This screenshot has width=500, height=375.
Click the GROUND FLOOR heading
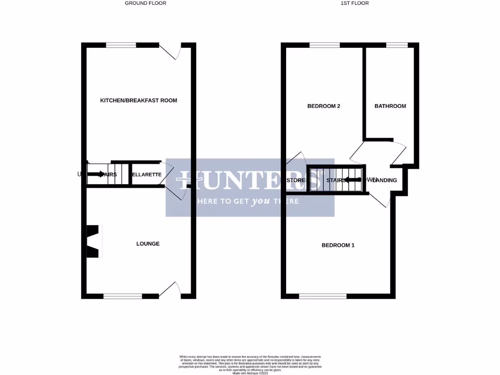coord(146,3)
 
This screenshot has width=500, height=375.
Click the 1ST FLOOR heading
coord(354,3)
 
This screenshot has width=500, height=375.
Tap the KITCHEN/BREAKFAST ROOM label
coord(138,101)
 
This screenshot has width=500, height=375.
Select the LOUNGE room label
coord(148,244)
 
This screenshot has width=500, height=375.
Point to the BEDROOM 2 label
coord(323,106)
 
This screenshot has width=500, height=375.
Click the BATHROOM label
coord(390,106)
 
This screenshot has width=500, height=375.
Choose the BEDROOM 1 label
coord(338,245)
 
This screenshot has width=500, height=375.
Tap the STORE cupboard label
coord(295,181)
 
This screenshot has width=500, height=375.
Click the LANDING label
coord(385,181)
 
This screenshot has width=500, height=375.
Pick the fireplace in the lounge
coord(93,241)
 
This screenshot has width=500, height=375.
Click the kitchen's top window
coord(121,45)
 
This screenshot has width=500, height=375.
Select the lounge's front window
coord(123,296)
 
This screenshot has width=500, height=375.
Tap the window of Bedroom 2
coord(324,45)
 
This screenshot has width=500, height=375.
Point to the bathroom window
coord(397,45)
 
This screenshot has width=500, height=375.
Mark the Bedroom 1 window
coord(323,296)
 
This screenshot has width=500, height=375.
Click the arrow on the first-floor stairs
coord(353,180)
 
